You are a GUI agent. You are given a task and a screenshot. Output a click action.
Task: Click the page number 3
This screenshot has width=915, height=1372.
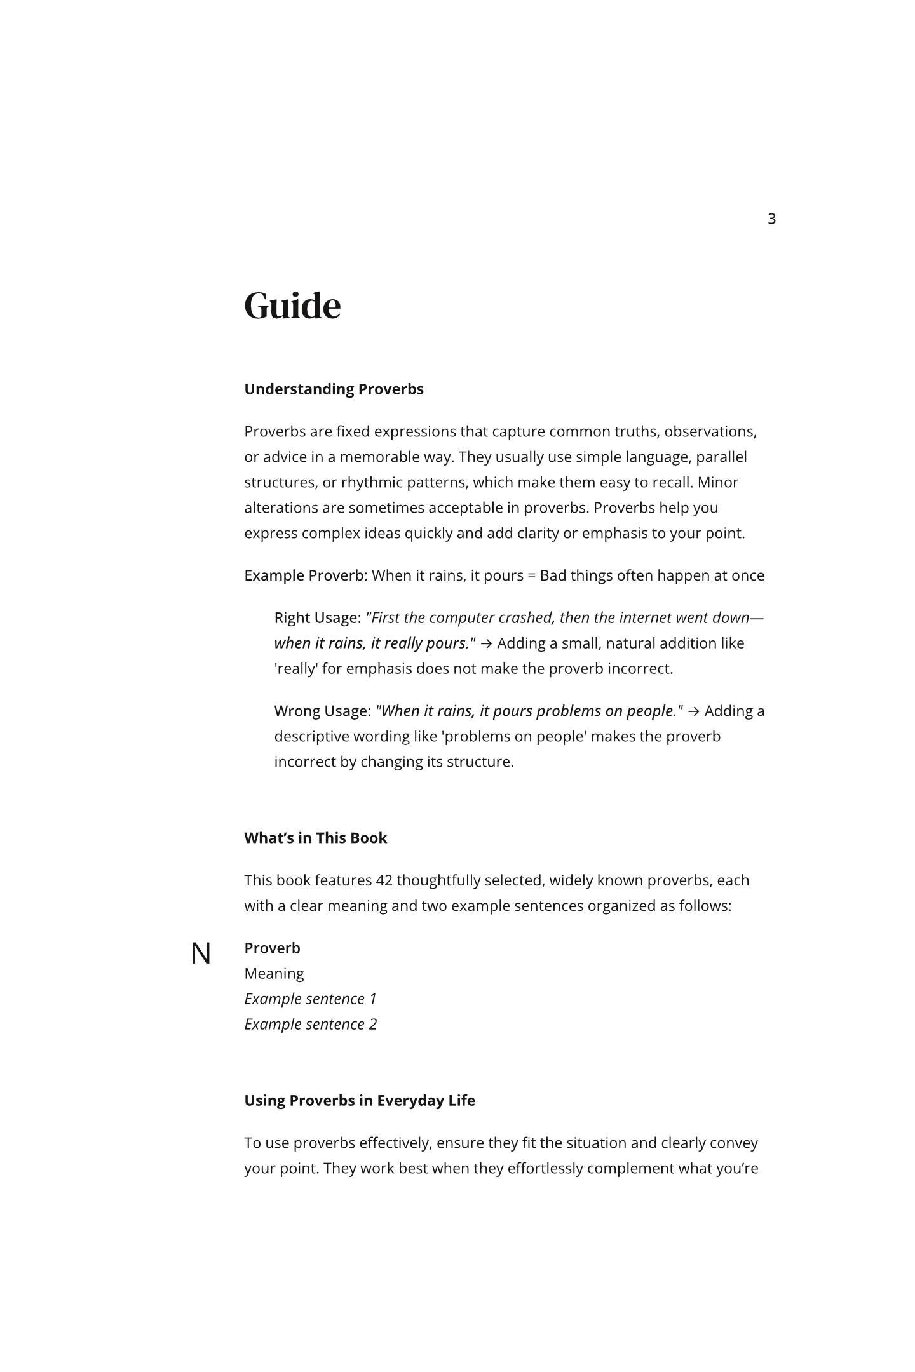(771, 219)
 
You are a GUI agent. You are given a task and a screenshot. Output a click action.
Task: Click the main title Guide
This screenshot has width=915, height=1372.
(292, 306)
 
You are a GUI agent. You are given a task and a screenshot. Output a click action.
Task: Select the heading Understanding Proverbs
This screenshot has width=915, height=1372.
(334, 389)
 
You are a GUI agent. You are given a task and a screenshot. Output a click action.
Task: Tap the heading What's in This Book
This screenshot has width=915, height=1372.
(315, 838)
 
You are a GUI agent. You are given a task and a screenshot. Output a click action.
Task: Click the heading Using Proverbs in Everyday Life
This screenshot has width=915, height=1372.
(359, 1100)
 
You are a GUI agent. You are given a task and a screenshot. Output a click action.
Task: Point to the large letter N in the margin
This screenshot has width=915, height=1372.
(201, 953)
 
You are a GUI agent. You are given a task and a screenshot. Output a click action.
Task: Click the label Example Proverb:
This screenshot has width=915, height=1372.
(306, 575)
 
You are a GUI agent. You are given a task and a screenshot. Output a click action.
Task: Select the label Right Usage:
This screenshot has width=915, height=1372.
(317, 617)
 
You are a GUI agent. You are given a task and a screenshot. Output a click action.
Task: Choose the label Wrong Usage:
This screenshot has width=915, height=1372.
(322, 711)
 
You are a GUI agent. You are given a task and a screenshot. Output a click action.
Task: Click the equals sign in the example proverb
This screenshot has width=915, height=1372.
(532, 575)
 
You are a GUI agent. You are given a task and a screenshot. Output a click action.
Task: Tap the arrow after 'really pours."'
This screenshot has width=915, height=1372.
(486, 643)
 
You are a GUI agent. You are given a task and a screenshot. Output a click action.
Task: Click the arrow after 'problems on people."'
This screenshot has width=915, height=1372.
(694, 711)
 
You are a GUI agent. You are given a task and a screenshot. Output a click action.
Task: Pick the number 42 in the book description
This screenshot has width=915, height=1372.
(384, 880)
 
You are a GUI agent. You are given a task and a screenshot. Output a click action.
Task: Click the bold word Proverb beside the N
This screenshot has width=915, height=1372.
(272, 948)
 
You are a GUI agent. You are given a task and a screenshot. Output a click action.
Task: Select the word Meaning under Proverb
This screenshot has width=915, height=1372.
(274, 973)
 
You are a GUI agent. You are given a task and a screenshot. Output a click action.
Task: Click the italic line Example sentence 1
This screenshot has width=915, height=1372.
(310, 999)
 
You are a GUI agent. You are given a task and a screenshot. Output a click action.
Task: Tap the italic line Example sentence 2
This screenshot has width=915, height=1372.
(310, 1024)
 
